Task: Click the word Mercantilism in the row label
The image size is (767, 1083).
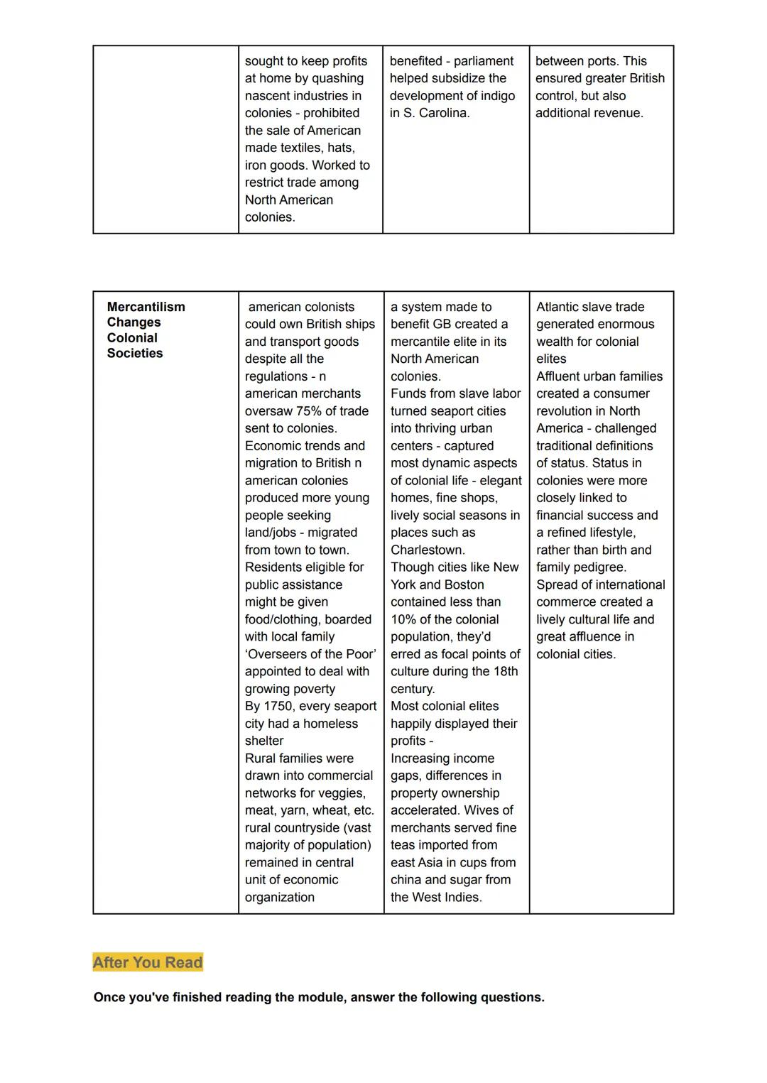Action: pyautogui.click(x=146, y=307)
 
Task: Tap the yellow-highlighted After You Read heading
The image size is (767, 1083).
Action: pyautogui.click(x=148, y=962)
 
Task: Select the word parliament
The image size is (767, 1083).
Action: pyautogui.click(x=484, y=61)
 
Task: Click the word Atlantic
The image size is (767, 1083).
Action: pyautogui.click(x=560, y=307)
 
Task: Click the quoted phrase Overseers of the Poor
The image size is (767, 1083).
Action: pyautogui.click(x=310, y=654)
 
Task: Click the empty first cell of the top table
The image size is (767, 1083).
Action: pyautogui.click(x=165, y=139)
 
